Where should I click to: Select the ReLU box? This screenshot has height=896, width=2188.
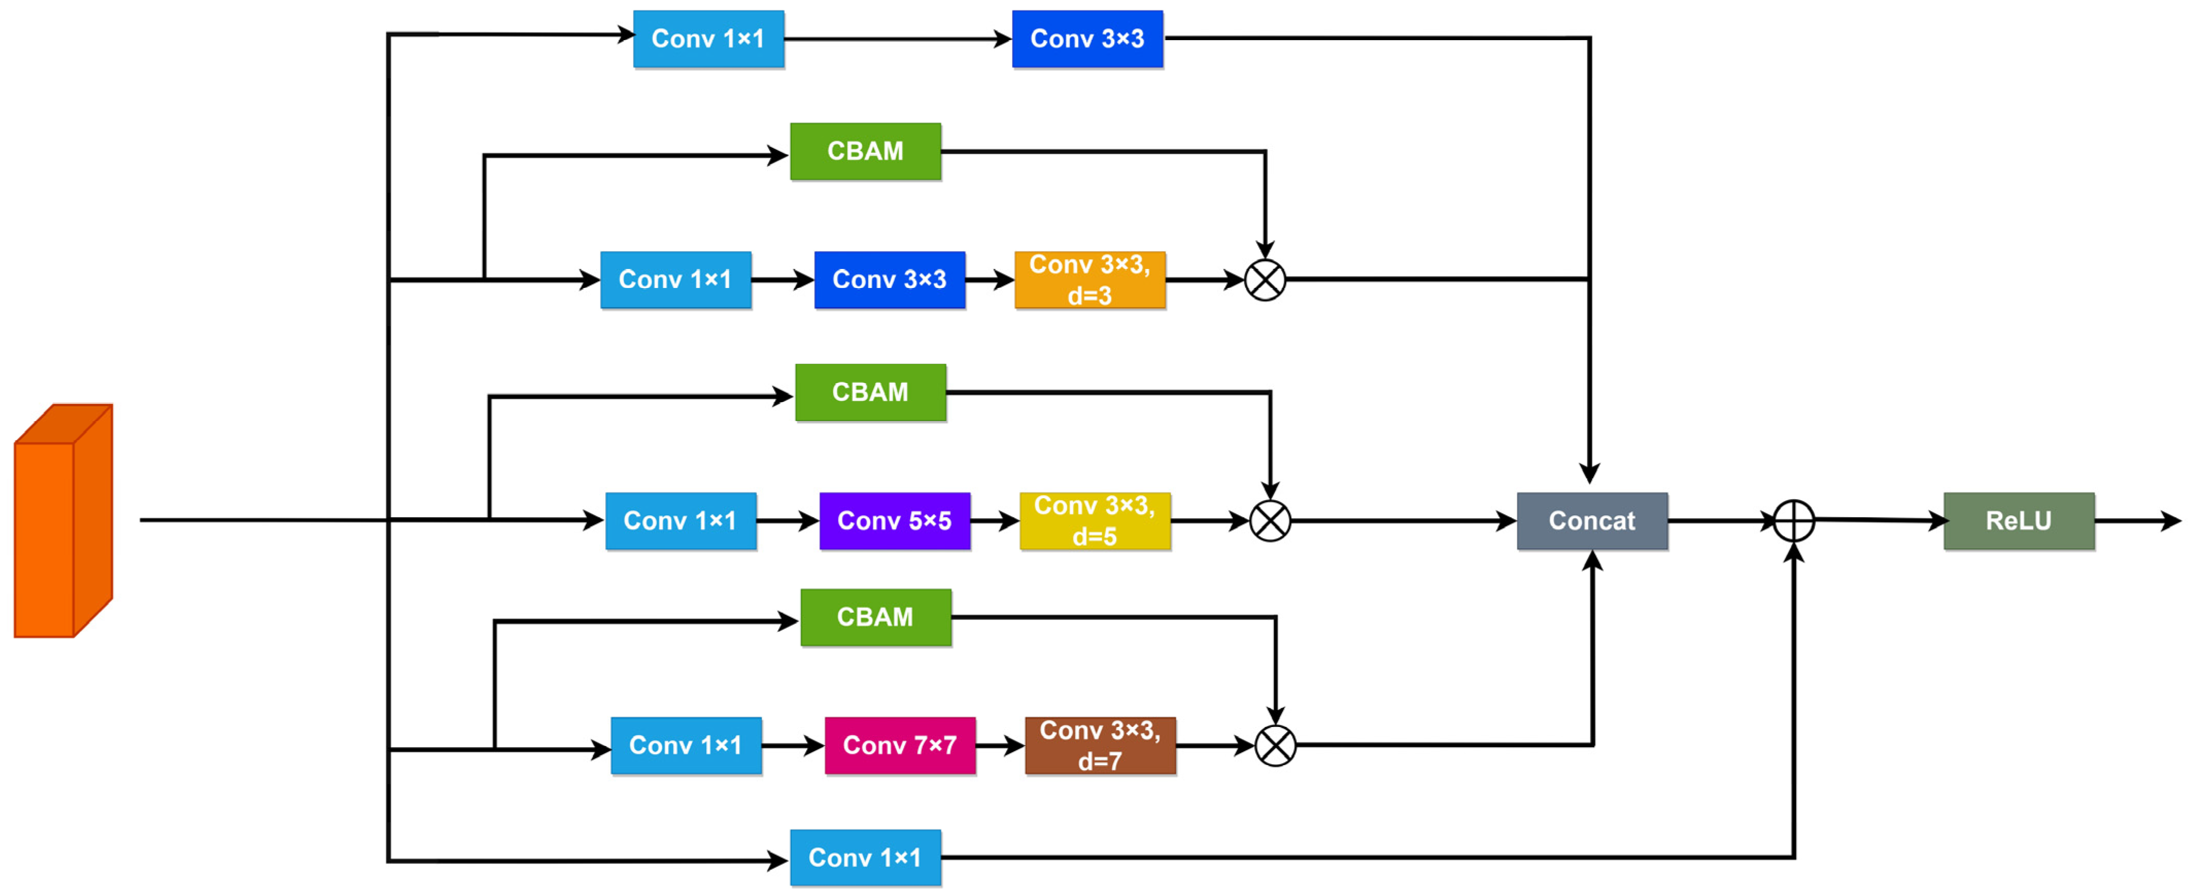point(2018,520)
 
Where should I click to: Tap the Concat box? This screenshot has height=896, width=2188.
point(1592,520)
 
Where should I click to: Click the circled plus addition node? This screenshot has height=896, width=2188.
point(1794,520)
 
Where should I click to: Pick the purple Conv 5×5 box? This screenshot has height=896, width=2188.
point(894,520)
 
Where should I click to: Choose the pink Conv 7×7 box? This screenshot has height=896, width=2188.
point(899,745)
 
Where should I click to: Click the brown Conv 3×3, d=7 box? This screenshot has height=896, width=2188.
point(1100,745)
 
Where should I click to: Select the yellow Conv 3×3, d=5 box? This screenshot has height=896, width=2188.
point(1095,520)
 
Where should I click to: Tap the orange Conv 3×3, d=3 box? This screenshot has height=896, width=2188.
point(1090,279)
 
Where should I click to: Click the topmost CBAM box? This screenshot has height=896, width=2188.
point(865,151)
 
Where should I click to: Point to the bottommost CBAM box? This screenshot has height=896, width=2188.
point(876,617)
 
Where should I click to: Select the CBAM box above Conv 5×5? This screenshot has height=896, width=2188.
point(870,393)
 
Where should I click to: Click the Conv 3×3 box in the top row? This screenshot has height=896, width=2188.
point(1087,39)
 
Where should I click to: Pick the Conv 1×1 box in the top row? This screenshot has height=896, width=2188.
point(708,39)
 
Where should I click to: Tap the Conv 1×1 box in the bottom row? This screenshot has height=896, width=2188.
point(865,858)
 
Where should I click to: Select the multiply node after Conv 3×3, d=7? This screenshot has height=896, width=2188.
point(1275,746)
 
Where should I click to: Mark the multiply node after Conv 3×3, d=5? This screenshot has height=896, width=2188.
point(1270,520)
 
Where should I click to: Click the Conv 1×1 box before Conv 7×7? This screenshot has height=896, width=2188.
point(686,745)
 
